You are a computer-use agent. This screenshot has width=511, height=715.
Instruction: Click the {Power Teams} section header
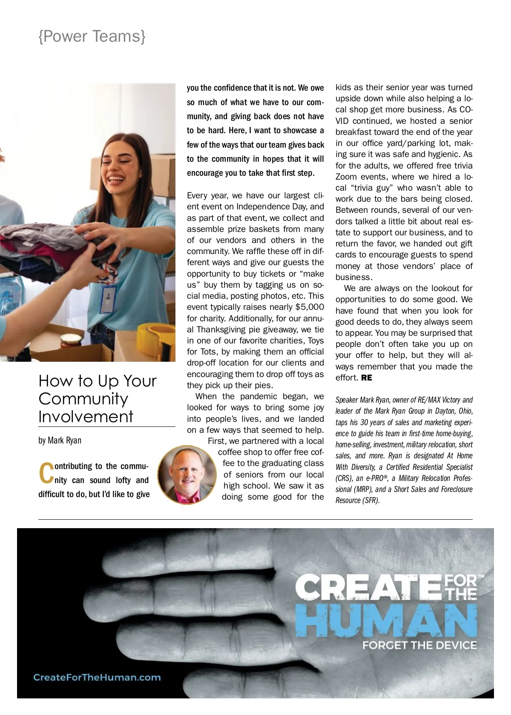click(x=92, y=37)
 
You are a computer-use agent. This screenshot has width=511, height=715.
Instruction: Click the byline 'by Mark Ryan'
click(x=60, y=440)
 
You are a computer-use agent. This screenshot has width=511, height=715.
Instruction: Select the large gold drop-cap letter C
click(x=46, y=473)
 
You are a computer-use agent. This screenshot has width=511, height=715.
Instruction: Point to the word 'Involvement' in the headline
click(x=86, y=416)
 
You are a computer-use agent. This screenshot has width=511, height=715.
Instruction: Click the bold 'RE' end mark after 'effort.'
click(x=367, y=378)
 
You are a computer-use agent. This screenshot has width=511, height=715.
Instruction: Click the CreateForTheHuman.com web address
click(x=97, y=678)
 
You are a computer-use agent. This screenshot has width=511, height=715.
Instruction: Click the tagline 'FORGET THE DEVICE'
click(x=419, y=645)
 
